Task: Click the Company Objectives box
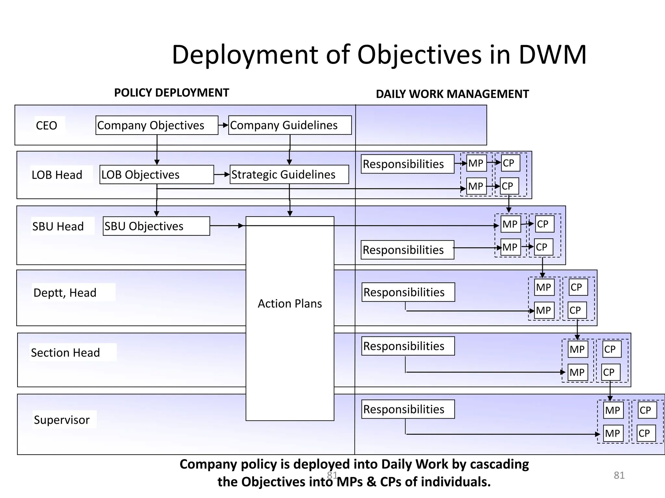point(157,125)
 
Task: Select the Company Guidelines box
point(290,125)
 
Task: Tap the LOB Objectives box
point(157,175)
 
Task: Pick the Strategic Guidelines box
point(289,174)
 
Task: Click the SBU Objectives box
point(156,226)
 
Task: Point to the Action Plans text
point(290,303)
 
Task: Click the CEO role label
point(46,125)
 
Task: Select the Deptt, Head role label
point(65,292)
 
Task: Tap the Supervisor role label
point(62,420)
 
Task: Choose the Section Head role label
point(65,352)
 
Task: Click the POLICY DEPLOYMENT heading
point(171,93)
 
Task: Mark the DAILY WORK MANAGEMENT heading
point(452,94)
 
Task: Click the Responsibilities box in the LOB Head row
point(407,164)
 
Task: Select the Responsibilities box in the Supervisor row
point(408,409)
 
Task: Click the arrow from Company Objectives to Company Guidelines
point(223,125)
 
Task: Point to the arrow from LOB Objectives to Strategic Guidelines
point(222,174)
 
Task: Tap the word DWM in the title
point(552,54)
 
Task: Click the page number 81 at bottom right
point(619,475)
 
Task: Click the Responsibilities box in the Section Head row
point(408,346)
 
